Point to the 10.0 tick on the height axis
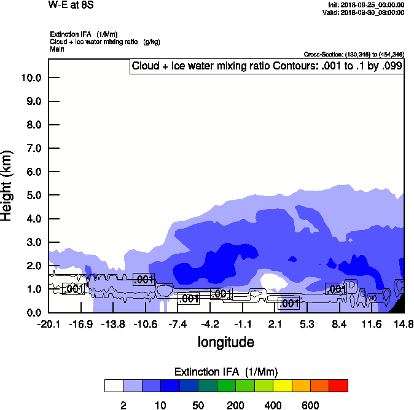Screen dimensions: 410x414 31,77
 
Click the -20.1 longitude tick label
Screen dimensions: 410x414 48,324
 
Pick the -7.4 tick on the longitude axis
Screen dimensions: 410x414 178,324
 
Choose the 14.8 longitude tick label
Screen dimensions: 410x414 404,324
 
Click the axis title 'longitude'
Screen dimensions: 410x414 225,342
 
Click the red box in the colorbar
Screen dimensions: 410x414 338,386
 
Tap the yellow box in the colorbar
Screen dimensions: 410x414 281,386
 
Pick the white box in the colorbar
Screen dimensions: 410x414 114,386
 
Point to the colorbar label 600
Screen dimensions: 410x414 310,405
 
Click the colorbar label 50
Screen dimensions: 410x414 198,405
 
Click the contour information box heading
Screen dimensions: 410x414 267,66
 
